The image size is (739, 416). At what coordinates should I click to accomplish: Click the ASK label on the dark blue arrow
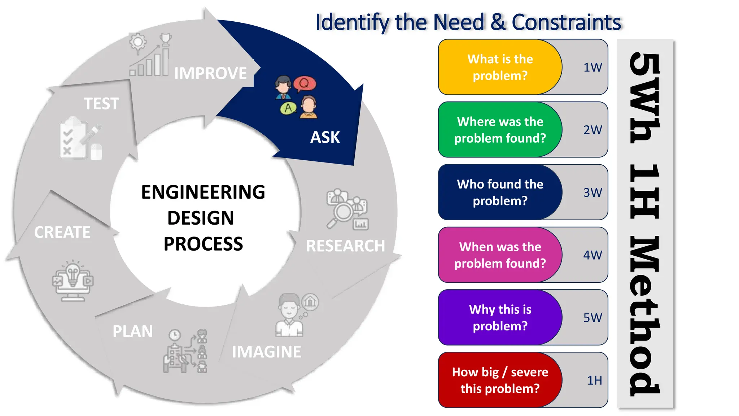[325, 138]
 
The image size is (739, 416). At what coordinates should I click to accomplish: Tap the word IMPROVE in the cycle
[210, 73]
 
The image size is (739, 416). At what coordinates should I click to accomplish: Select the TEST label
[101, 104]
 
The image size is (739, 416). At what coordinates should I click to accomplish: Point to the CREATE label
[62, 232]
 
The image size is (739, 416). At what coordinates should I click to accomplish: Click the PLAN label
[132, 331]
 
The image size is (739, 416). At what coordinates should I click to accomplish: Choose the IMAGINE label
[266, 352]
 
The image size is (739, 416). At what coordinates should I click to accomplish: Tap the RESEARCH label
[345, 246]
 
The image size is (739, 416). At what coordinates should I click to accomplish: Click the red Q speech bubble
[305, 84]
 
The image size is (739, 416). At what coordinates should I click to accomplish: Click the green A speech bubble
[288, 108]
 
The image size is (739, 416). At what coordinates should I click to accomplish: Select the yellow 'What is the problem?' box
[500, 67]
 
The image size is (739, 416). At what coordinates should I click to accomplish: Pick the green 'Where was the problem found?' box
[500, 130]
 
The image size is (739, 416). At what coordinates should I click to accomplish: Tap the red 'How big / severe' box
[500, 380]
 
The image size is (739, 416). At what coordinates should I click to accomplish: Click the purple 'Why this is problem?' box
[500, 318]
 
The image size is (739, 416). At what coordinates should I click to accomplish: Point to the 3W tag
[592, 192]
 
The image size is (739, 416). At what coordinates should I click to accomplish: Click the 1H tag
[594, 380]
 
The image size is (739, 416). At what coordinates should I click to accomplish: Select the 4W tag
[592, 255]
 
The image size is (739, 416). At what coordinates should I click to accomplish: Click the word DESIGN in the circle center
[201, 218]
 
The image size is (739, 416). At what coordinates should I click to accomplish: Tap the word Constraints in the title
[566, 22]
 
